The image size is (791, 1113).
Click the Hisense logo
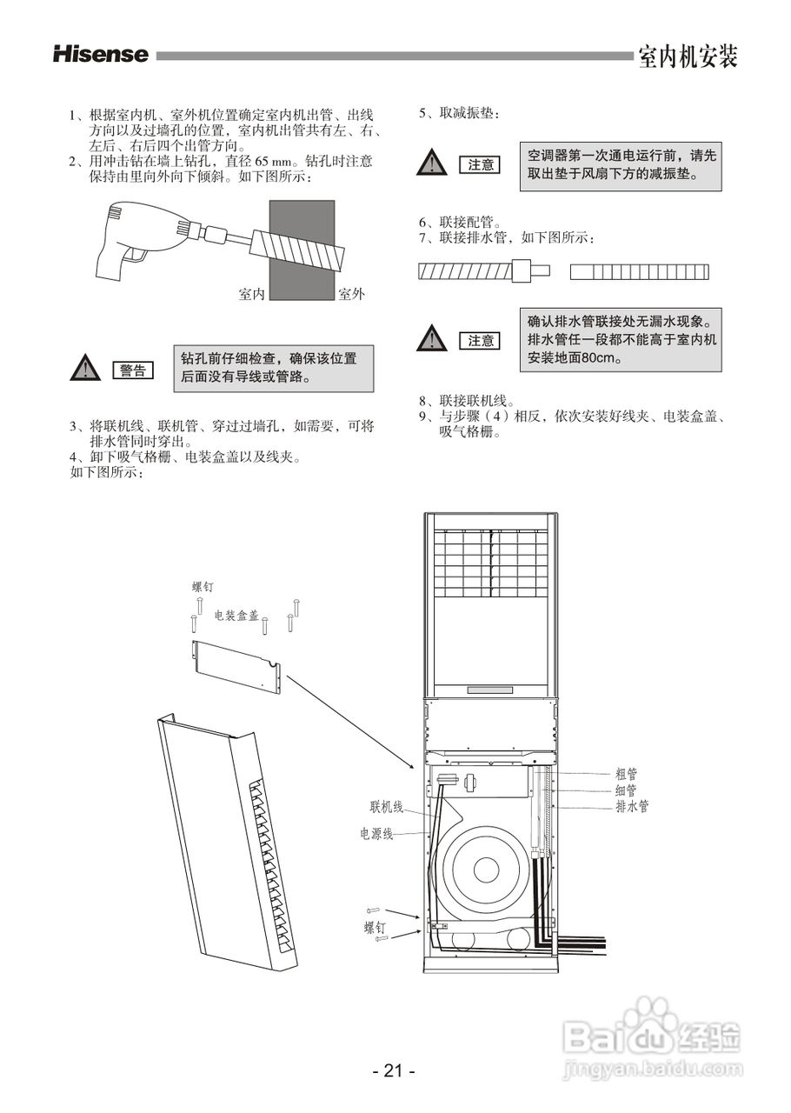pos(101,55)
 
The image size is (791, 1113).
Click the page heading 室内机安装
pos(687,57)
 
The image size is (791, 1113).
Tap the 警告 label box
pos(132,370)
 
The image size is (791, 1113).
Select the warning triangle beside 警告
pos(84,369)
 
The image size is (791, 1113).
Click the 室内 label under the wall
pos(251,295)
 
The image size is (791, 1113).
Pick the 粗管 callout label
pos(626,773)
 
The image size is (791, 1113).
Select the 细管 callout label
pos(626,790)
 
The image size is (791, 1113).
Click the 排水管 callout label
pos(631,807)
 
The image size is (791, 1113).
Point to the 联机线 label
pos(386,807)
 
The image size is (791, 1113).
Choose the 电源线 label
pos(377,834)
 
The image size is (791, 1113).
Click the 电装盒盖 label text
pos(236,615)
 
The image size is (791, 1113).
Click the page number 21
pos(394,1070)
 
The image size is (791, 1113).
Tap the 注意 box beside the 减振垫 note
pos(480,164)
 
